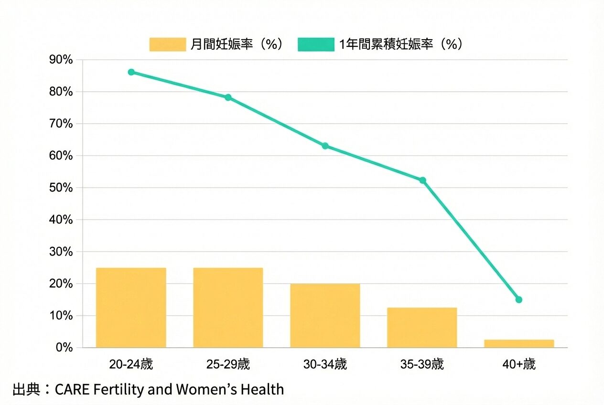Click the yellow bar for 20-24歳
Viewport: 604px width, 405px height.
pyautogui.click(x=131, y=308)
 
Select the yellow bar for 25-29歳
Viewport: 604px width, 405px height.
pyautogui.click(x=228, y=308)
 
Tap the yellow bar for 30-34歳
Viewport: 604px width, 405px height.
pyautogui.click(x=325, y=316)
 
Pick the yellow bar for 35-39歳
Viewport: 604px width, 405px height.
pyautogui.click(x=422, y=328)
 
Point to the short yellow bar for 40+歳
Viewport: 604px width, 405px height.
pyautogui.click(x=519, y=343)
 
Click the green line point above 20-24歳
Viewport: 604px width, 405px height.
pyautogui.click(x=131, y=72)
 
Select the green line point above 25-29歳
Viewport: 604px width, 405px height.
pyautogui.click(x=228, y=97)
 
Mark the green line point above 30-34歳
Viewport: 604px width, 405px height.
pyautogui.click(x=325, y=146)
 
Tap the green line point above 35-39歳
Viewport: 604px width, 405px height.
pyautogui.click(x=422, y=181)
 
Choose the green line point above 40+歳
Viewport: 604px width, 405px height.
pyautogui.click(x=519, y=300)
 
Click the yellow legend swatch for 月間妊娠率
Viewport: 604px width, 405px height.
pyautogui.click(x=167, y=44)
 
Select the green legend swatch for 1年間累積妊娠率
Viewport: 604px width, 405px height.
pyautogui.click(x=316, y=44)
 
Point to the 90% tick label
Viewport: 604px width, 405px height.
pyautogui.click(x=61, y=60)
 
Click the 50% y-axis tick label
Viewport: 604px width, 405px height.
pyautogui.click(x=61, y=188)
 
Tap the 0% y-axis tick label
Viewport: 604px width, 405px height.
pyautogui.click(x=64, y=348)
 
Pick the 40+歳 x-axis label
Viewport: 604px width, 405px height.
pyautogui.click(x=519, y=365)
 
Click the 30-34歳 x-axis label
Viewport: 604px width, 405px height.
pyautogui.click(x=325, y=365)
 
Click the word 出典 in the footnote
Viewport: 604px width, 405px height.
pyautogui.click(x=25, y=390)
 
